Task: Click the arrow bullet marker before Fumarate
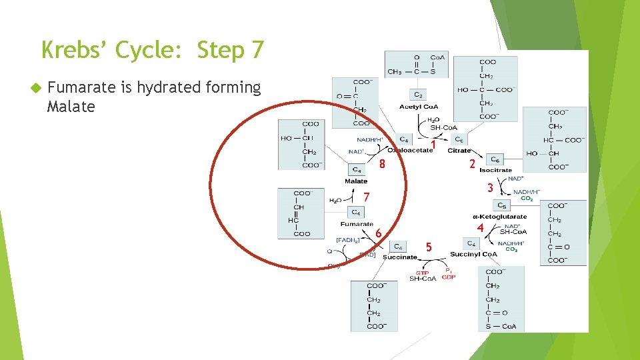(x=37, y=88)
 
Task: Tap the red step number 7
(x=367, y=197)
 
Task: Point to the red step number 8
(x=382, y=165)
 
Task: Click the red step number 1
(x=433, y=144)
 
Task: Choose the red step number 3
(x=489, y=189)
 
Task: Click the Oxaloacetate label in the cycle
(x=411, y=151)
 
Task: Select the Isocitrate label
(x=495, y=170)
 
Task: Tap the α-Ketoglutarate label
(x=500, y=216)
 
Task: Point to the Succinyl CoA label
(x=473, y=255)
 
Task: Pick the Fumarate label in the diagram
(x=357, y=224)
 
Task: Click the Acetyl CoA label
(x=418, y=107)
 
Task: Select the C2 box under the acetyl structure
(x=418, y=95)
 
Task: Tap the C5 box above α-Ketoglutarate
(x=503, y=205)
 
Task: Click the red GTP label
(x=422, y=272)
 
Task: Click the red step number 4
(x=480, y=228)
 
